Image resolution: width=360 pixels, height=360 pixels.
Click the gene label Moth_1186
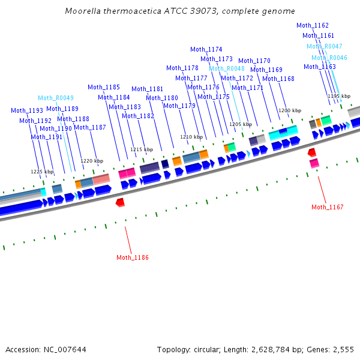(x=133, y=257)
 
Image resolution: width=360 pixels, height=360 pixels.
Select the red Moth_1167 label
(x=328, y=207)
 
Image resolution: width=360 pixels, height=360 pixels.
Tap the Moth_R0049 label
(x=56, y=98)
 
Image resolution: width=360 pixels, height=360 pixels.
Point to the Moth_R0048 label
(x=227, y=68)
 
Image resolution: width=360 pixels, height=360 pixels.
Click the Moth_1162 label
(x=313, y=25)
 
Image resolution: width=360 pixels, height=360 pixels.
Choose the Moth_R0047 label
(x=325, y=46)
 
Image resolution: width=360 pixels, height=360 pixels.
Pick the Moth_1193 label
(x=27, y=110)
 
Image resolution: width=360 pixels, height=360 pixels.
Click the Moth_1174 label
(x=206, y=49)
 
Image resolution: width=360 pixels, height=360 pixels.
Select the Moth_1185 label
(x=104, y=87)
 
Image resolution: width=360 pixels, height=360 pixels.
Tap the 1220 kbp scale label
(x=92, y=161)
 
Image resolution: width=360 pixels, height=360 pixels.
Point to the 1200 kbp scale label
(x=289, y=110)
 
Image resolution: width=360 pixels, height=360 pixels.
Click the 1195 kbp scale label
(x=338, y=96)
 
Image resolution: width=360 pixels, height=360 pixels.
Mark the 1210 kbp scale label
(x=191, y=137)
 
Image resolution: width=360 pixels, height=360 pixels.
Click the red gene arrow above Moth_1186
(x=120, y=203)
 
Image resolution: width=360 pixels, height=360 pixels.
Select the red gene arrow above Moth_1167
(x=311, y=153)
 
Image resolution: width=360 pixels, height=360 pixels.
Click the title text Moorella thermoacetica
(x=129, y=11)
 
